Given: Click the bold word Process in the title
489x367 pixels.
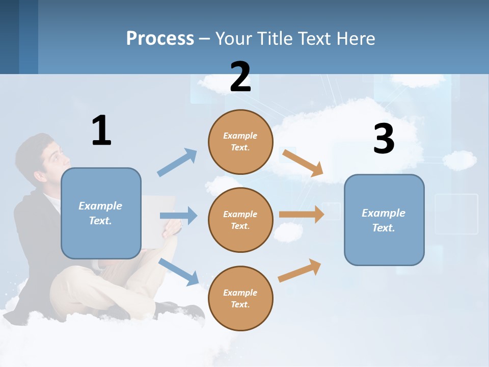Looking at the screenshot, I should pyautogui.click(x=160, y=38).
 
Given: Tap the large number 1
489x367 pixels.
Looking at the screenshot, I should pyautogui.click(x=101, y=131).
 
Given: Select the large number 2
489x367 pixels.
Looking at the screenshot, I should pyautogui.click(x=240, y=77).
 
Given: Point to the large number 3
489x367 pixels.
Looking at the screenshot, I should pyautogui.click(x=384, y=139).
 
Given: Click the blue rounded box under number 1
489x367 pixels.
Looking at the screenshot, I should pyautogui.click(x=101, y=213).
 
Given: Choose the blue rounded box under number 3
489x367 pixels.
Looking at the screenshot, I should pyautogui.click(x=384, y=220).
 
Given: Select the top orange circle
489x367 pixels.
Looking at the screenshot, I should pyautogui.click(x=240, y=142).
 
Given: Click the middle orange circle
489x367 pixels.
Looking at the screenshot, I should pyautogui.click(x=240, y=220).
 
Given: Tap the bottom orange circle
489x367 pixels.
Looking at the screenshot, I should pyautogui.click(x=240, y=298).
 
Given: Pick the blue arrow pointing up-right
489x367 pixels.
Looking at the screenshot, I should pyautogui.click(x=177, y=163).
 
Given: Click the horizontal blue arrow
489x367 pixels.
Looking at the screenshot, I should pyautogui.click(x=178, y=216).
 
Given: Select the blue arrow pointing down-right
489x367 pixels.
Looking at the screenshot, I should pyautogui.click(x=179, y=272).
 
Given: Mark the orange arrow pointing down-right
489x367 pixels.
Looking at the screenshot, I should pyautogui.click(x=303, y=163).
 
